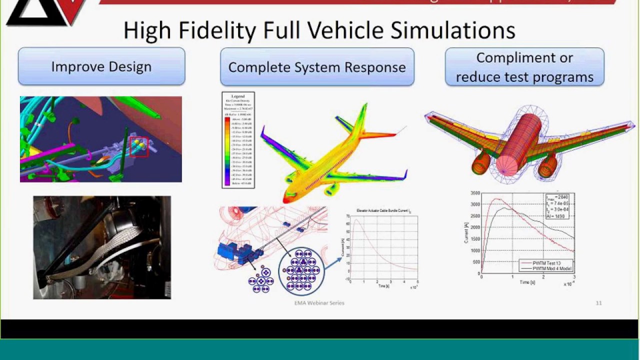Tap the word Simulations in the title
pyautogui.click(x=453, y=30)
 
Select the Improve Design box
pyautogui.click(x=101, y=66)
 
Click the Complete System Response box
pyautogui.click(x=317, y=67)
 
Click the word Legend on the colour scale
pyautogui.click(x=238, y=96)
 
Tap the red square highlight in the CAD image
pyautogui.click(x=139, y=146)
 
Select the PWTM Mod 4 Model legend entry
pyautogui.click(x=551, y=268)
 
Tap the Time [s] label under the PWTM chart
pyautogui.click(x=524, y=282)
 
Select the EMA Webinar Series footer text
pyautogui.click(x=319, y=303)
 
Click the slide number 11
pyautogui.click(x=598, y=303)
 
